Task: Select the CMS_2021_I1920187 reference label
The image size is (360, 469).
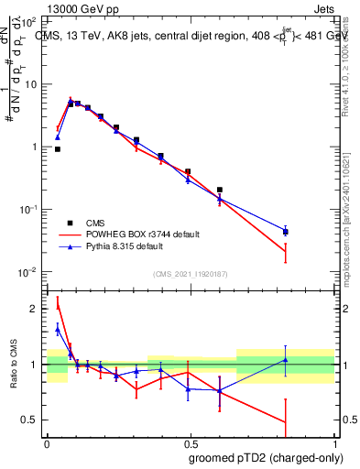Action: pyautogui.click(x=190, y=273)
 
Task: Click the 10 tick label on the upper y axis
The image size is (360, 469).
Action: pyautogui.click(x=33, y=84)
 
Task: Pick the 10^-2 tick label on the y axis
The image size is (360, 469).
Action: pyautogui.click(x=31, y=272)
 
